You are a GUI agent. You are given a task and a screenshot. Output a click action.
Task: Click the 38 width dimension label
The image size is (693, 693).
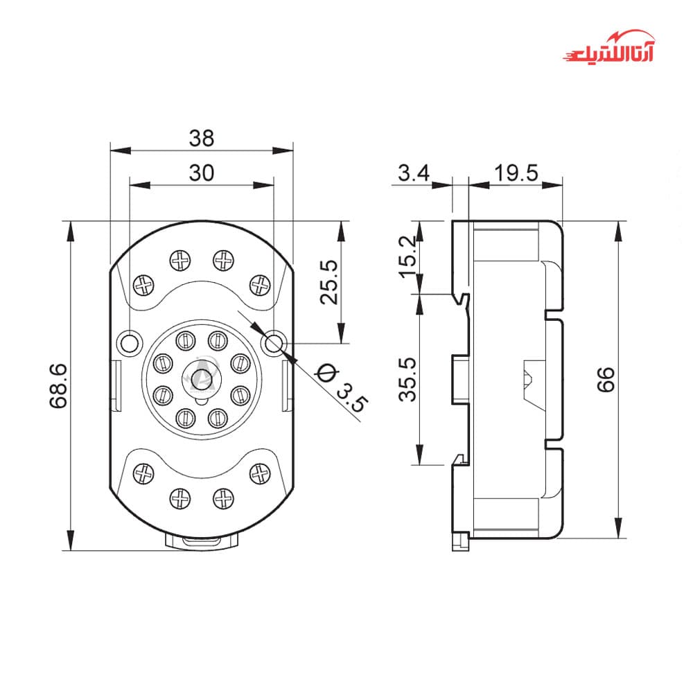(x=202, y=138)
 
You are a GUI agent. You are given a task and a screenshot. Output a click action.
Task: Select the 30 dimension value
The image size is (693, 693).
(x=202, y=173)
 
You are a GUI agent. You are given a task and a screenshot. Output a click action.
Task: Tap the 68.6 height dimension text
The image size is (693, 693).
(x=58, y=386)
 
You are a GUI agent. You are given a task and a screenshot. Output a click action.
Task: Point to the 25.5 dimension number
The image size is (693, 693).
(x=328, y=282)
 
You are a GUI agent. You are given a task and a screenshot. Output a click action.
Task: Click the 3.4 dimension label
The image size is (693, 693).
(x=414, y=173)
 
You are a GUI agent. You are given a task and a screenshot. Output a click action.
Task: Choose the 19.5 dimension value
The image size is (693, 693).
(x=516, y=173)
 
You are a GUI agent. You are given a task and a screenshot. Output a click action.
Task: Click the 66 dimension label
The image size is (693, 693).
(x=606, y=379)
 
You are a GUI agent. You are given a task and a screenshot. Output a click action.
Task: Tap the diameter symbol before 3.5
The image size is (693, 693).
(x=326, y=374)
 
